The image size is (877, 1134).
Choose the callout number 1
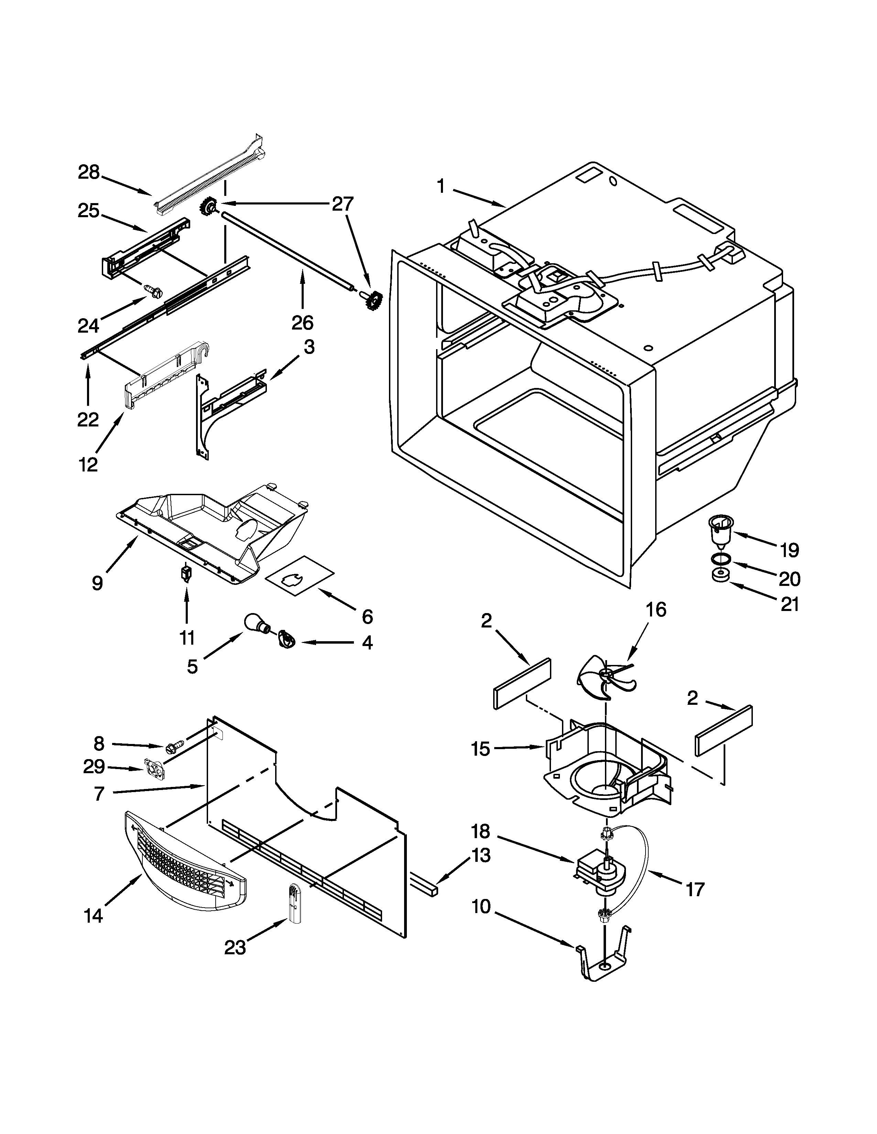point(441,186)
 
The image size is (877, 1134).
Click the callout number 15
point(480,749)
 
